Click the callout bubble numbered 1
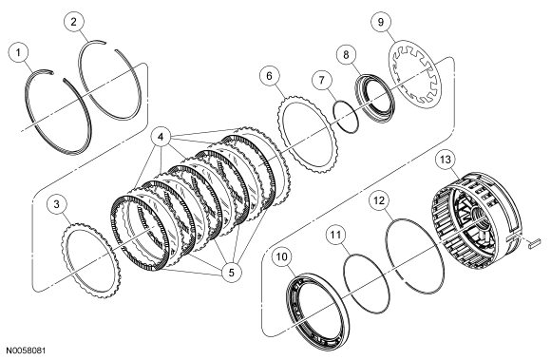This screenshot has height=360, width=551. click(18, 52)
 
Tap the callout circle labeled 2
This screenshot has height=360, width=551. click(74, 22)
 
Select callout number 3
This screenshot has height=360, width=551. click(57, 204)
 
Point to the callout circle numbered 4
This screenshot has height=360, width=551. click(161, 137)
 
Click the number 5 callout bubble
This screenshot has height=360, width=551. click(232, 272)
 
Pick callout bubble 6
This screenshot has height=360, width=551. click(270, 76)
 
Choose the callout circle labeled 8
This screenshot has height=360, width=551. click(346, 55)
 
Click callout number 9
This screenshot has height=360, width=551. click(381, 22)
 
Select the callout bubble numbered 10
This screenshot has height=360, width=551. click(282, 256)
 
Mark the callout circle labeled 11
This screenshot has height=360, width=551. click(335, 235)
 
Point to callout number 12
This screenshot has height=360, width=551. click(379, 200)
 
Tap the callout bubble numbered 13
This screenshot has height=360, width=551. click(445, 160)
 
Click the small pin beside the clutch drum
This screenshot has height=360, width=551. click(534, 243)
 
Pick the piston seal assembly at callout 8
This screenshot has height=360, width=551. click(375, 98)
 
